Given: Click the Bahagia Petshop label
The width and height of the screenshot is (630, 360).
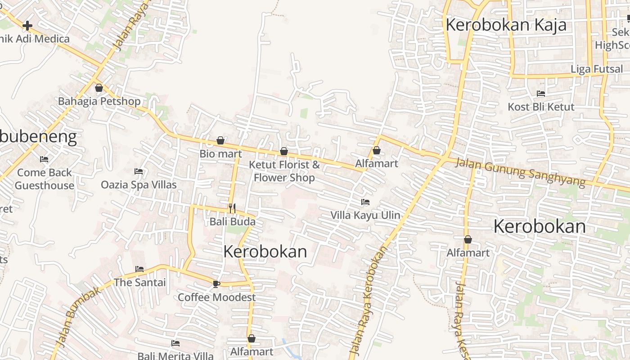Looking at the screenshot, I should pos(99,101).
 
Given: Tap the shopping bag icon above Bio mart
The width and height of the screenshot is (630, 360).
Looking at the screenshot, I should pos(220,140).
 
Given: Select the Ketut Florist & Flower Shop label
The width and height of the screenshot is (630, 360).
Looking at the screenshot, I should pos(284,171).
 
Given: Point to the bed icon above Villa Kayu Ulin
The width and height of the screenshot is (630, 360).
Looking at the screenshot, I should pos(365,202).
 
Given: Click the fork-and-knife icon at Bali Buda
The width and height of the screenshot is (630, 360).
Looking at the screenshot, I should pos(232,208).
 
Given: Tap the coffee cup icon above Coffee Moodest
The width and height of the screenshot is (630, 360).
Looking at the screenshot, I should pos(216,283).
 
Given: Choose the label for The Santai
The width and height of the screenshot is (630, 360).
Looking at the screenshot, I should pos(140,283).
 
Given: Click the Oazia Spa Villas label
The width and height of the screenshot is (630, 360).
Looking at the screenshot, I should pos(139,184).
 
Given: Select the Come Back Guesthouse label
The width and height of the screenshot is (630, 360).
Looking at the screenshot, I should pos(45,179).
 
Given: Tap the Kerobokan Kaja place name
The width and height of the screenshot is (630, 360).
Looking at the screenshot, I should pos(506,25).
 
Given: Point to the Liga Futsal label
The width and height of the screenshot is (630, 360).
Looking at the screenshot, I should pos(597,69).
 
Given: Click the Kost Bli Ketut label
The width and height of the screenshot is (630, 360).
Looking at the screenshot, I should pos(541,107).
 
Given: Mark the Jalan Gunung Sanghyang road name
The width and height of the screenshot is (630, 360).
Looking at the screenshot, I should pos(520,172).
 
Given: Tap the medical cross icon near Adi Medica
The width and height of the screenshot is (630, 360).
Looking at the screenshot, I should pos(27,26).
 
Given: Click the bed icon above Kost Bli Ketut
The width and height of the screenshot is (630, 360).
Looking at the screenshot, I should pos(541,94).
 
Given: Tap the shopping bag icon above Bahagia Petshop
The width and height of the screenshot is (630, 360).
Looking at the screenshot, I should pos(99,88).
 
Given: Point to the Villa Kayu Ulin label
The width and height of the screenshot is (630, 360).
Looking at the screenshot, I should pos(365,215).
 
